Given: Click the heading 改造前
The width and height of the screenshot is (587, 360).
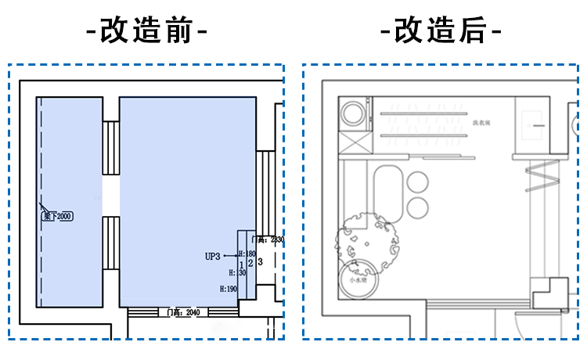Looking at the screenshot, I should [x=146, y=32].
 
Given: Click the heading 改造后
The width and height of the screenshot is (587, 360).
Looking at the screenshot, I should [x=441, y=32].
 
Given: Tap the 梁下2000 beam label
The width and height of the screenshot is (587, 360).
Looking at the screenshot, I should [x=56, y=216].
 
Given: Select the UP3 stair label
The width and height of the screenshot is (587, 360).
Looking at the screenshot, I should [x=213, y=255].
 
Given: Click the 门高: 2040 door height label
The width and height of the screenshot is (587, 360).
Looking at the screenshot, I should [x=184, y=312].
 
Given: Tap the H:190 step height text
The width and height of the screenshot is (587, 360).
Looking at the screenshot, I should [x=229, y=289].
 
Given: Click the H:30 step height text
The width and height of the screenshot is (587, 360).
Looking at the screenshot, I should [x=237, y=272].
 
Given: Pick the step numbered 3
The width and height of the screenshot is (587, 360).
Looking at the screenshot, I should [x=259, y=261].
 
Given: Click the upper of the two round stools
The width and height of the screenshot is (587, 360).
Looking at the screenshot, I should [x=418, y=182].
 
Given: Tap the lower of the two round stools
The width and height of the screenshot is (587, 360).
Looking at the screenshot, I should [x=418, y=207].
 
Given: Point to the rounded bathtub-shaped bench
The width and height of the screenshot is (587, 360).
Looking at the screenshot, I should [x=387, y=192].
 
